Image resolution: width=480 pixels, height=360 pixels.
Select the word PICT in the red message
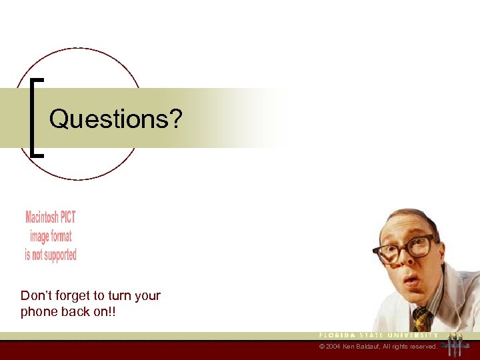(67, 217)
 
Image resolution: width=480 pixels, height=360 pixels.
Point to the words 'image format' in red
(51, 236)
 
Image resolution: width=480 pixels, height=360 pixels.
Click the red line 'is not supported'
(51, 255)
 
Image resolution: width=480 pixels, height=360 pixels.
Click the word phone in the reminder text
(37, 311)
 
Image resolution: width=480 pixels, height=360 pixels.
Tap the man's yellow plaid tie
(420, 318)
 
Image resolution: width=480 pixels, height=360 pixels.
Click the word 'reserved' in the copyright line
(425, 347)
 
